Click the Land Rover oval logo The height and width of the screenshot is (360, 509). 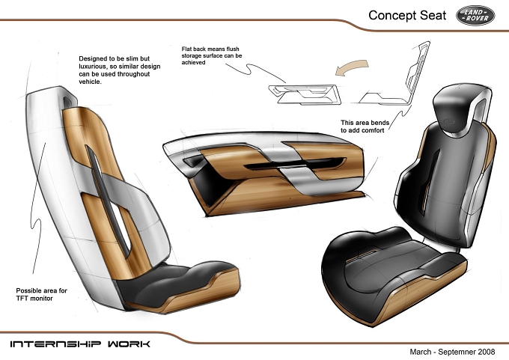point(475,15)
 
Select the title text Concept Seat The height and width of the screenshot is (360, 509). point(407,15)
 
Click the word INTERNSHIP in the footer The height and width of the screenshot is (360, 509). point(55,344)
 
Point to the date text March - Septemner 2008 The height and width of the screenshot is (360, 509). point(452,352)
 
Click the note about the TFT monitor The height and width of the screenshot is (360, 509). point(42,294)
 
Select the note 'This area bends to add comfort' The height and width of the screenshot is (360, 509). point(365,126)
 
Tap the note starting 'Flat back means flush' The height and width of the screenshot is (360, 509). point(212,55)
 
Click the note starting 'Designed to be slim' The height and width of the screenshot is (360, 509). point(120,70)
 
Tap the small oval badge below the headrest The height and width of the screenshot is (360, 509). point(449,121)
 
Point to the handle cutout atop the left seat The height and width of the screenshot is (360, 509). point(67,102)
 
